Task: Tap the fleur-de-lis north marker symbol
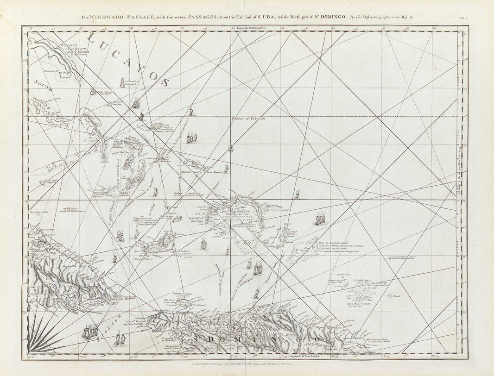coord(230,148)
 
